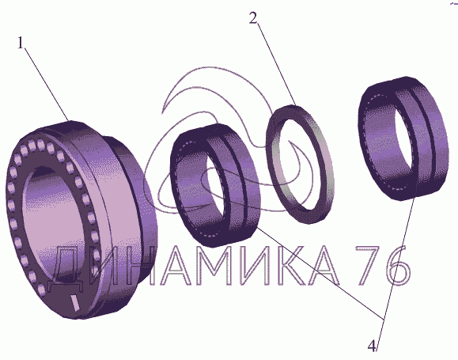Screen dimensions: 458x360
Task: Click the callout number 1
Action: click(x=20, y=43)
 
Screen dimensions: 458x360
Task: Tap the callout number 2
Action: click(x=253, y=18)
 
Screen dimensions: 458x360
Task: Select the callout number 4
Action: click(x=372, y=347)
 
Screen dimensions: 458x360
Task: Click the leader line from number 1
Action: click(x=47, y=84)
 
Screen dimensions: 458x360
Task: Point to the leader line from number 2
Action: click(x=276, y=64)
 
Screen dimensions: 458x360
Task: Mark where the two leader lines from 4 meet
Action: click(x=384, y=319)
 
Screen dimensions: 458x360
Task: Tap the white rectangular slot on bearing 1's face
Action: click(x=75, y=303)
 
